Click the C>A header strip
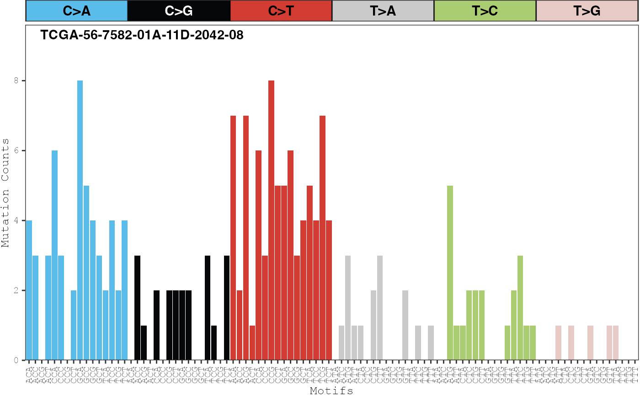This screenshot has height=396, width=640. pos(76,11)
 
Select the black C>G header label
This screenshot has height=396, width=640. pos(179,11)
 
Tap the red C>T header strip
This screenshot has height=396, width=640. pos(281,11)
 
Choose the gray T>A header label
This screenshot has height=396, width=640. pos(383,11)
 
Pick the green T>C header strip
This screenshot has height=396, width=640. pos(485,11)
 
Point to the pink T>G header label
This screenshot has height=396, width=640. pos(587,11)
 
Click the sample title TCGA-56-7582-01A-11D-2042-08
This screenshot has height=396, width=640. pos(142,35)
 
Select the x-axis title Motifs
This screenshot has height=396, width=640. pos(331,391)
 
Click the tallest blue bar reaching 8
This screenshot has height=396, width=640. pos(80,219)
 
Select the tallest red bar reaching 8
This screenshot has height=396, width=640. pos(271,219)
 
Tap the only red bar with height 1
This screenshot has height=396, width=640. pos(252,343)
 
